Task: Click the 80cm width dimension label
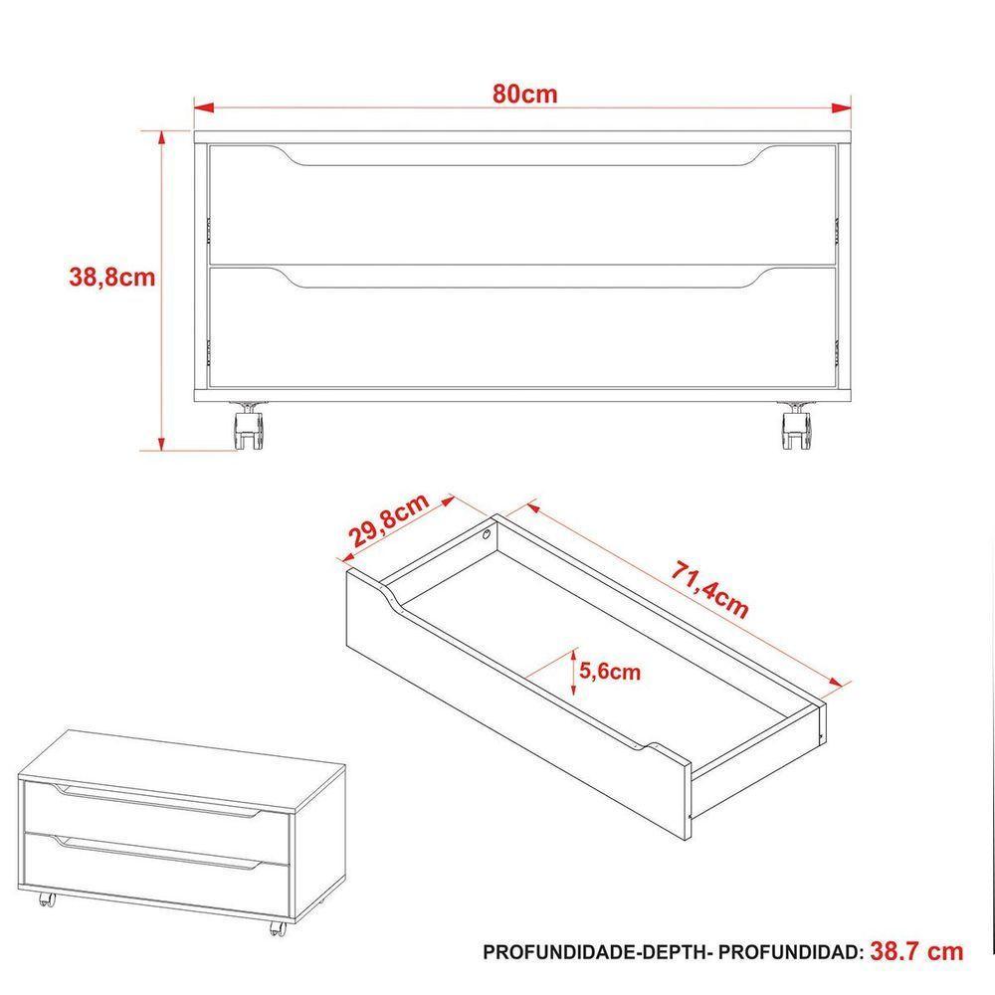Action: coord(523,95)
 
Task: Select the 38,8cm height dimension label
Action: coord(111,278)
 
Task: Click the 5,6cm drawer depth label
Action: coord(609,672)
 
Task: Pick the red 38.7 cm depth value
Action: coord(916,951)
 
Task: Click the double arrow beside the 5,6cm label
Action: coord(575,671)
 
